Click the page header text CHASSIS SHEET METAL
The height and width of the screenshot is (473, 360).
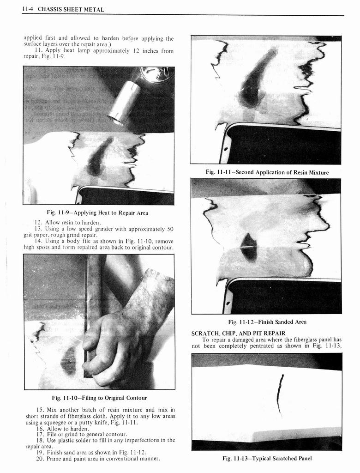coord(73,10)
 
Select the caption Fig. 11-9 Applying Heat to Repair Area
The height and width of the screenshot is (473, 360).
coord(97,213)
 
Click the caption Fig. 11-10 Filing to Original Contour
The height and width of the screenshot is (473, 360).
coord(99,398)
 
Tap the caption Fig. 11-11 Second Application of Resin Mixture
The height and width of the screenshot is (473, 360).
coord(267,172)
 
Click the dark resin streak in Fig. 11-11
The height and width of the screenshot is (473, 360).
coord(256,81)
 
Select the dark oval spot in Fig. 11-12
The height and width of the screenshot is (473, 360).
coord(249,248)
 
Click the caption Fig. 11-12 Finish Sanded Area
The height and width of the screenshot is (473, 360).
coord(267,322)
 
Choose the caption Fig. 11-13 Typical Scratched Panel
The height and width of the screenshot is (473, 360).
coord(267,458)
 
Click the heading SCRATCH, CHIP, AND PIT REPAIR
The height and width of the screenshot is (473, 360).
coord(238,333)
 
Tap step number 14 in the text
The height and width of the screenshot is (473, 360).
coord(39,242)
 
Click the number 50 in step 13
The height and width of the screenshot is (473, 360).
coord(170,229)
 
